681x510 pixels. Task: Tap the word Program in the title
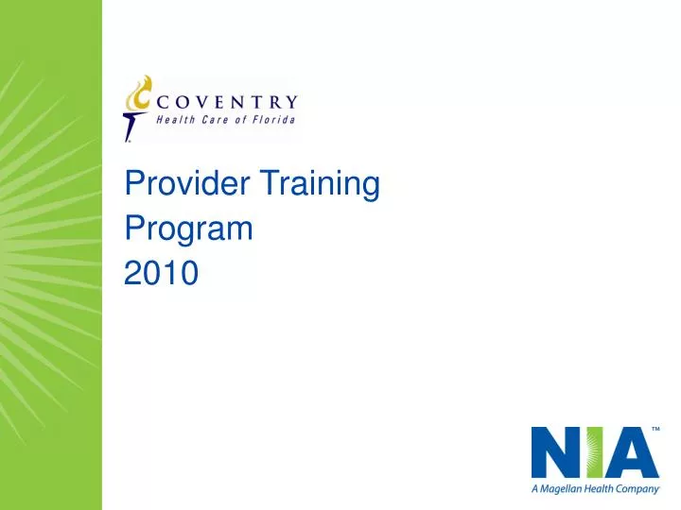[188, 229]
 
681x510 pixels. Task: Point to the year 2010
[161, 273]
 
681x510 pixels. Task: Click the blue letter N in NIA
[552, 452]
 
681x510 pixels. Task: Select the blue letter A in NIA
[630, 452]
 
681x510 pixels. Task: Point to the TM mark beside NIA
[654, 431]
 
